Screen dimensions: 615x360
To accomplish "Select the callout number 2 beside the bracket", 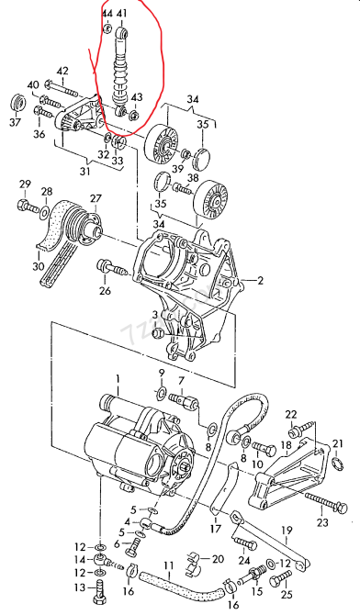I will (x=261, y=281).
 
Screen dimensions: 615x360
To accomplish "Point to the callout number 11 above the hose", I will (x=168, y=565).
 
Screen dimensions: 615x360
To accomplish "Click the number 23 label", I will (x=322, y=523).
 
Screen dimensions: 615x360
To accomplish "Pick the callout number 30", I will (x=38, y=266).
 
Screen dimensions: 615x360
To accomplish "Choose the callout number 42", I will (x=62, y=71).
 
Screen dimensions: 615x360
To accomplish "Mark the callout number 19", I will (x=287, y=531).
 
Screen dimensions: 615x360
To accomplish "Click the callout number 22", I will (x=291, y=414).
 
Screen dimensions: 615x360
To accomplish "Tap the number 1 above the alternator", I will (x=118, y=378).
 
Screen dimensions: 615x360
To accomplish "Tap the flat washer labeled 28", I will (x=44, y=211).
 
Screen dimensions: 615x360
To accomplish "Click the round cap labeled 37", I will (x=16, y=101).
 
